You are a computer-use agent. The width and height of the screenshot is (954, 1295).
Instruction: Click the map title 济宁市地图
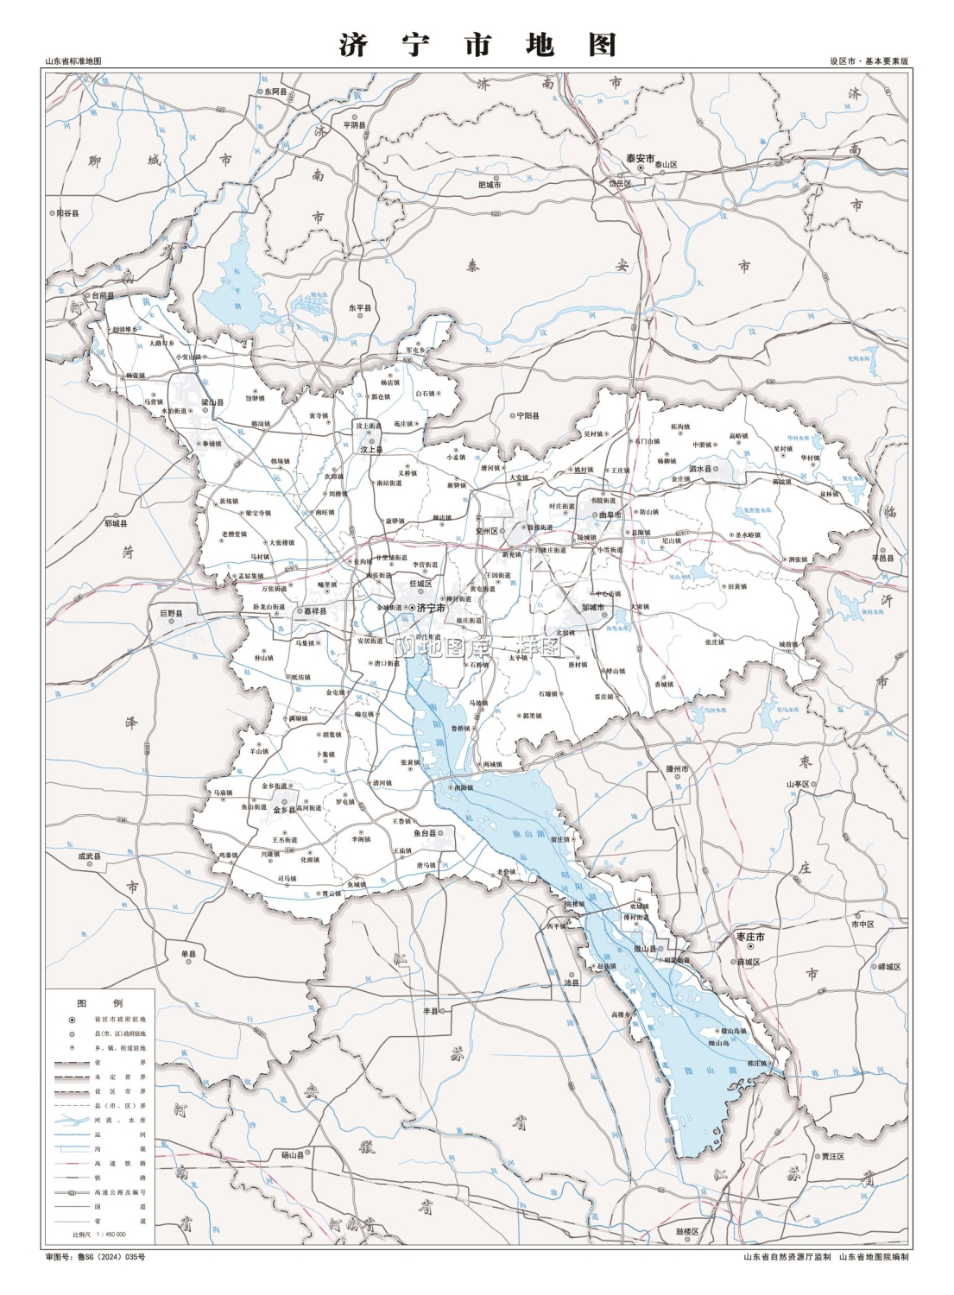coord(477,44)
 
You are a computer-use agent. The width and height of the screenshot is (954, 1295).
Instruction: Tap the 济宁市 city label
coord(430,609)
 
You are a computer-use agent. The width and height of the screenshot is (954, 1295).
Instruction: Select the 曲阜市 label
coord(610,515)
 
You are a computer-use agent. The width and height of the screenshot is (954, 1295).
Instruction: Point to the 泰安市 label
coord(640,159)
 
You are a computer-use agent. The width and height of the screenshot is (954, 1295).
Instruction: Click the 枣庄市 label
coord(749,937)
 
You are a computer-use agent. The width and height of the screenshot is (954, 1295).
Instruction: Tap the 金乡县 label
coord(284,810)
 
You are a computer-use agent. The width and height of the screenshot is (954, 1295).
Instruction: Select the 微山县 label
coord(645,949)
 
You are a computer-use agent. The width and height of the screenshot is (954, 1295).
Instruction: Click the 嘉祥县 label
coord(314,611)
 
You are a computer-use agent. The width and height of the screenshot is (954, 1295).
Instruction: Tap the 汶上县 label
coord(370,449)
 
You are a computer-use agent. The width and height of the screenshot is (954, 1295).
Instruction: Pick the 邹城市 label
coord(593,607)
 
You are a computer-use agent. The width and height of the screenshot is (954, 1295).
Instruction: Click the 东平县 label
coord(360,308)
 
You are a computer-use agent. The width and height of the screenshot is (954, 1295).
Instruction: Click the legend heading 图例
coord(100,1002)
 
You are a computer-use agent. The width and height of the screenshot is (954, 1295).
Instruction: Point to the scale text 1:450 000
coord(111,1235)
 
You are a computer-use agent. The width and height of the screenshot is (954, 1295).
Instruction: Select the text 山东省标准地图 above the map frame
coord(73,61)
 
